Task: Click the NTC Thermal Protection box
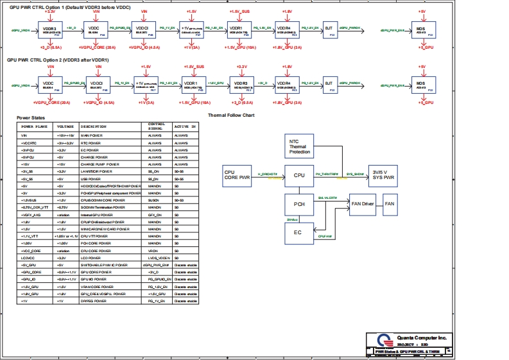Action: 298,147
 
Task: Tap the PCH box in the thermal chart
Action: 298,204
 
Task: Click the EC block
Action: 298,232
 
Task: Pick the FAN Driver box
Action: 363,204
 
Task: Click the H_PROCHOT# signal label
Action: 267,174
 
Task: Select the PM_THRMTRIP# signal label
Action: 327,174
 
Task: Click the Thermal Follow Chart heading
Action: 232,116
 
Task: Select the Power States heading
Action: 31,119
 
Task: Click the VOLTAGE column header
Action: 65,126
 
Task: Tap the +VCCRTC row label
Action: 29,142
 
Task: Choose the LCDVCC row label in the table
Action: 28,257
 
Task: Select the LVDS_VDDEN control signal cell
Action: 158,257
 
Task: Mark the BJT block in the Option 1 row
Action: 329,30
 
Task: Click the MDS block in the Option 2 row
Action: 420,85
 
